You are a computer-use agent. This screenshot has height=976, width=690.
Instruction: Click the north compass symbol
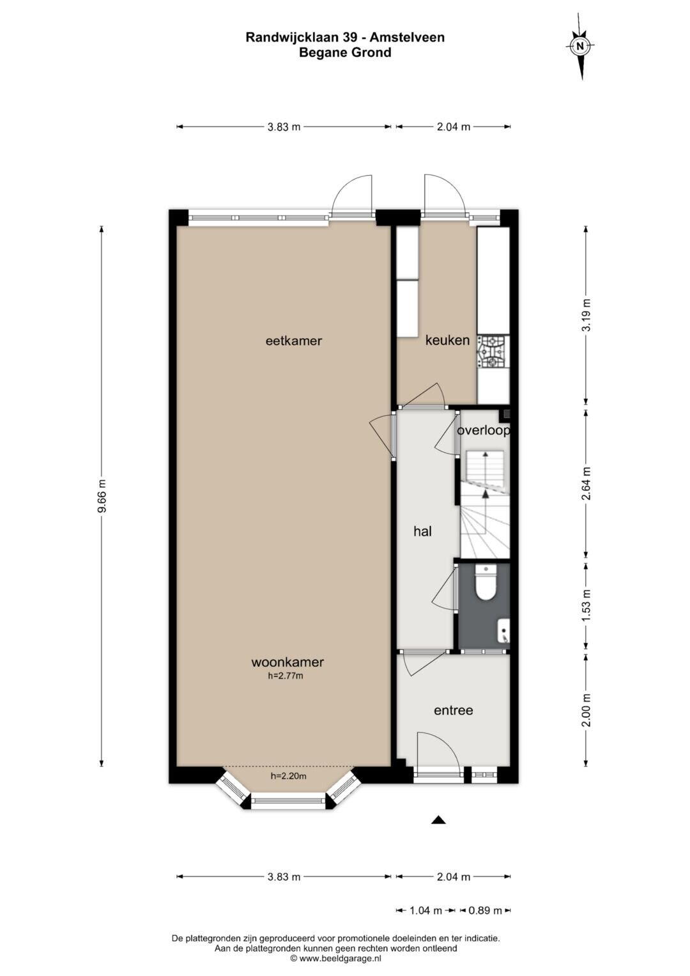click(x=580, y=46)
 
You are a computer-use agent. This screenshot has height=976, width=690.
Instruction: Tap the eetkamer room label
click(x=294, y=341)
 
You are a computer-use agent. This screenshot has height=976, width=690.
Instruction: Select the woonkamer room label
click(x=287, y=662)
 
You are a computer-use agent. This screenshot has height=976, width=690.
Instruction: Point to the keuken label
click(x=447, y=340)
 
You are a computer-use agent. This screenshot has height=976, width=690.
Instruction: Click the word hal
click(x=422, y=531)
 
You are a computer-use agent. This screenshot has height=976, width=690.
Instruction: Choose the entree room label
click(x=454, y=710)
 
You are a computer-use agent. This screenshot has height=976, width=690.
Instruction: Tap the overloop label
click(x=484, y=431)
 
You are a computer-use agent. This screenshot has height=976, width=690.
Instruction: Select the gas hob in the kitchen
click(x=493, y=352)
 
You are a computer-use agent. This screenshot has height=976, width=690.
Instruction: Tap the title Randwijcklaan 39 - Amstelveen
click(x=345, y=38)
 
